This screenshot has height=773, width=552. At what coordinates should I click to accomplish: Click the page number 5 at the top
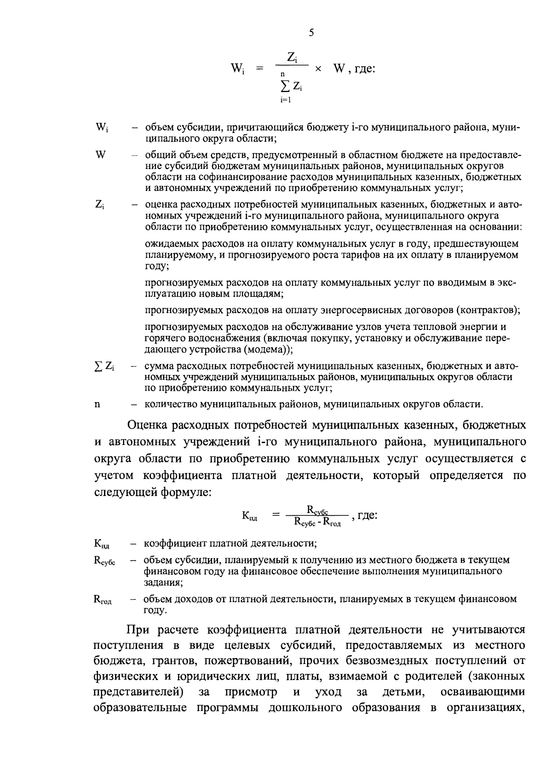pyautogui.click(x=311, y=33)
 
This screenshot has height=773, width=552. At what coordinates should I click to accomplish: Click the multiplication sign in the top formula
pyautogui.click(x=317, y=69)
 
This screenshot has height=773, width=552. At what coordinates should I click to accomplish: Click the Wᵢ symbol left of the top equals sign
pyautogui.click(x=237, y=69)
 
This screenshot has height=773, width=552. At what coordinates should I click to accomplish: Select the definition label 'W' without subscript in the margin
pyautogui.click(x=100, y=155)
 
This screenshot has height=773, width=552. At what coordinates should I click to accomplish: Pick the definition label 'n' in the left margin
pyautogui.click(x=97, y=405)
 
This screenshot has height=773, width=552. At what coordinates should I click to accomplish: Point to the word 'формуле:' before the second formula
pyautogui.click(x=186, y=492)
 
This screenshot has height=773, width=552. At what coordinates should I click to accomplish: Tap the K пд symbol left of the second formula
pyautogui.click(x=250, y=516)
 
